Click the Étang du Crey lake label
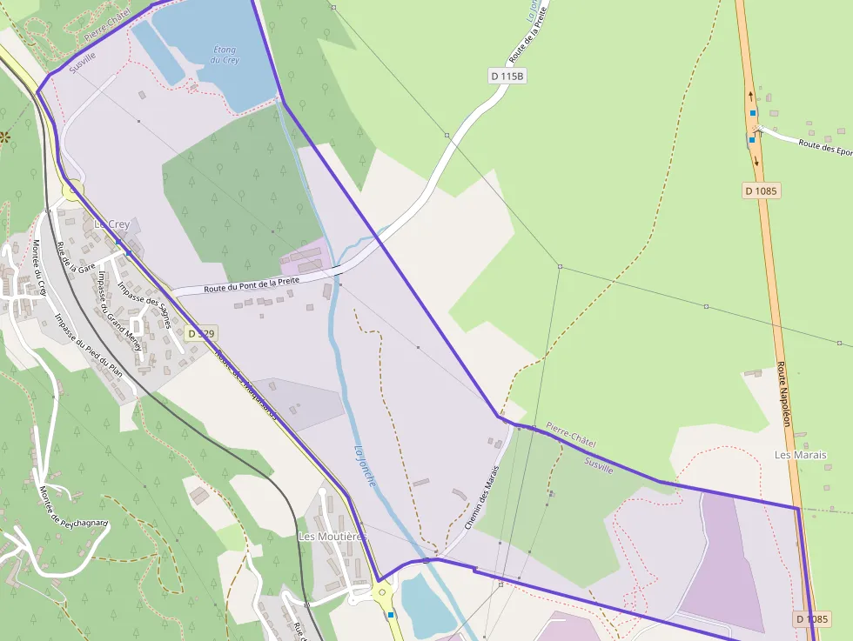[225, 55]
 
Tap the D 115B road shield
[507, 77]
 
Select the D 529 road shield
[200, 333]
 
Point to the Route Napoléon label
[783, 394]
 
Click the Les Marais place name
[801, 455]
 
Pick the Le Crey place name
[111, 224]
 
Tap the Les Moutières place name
[333, 537]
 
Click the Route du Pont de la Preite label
[252, 283]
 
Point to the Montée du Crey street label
[40, 268]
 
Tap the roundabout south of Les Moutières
[383, 593]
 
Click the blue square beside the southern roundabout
[391, 615]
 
